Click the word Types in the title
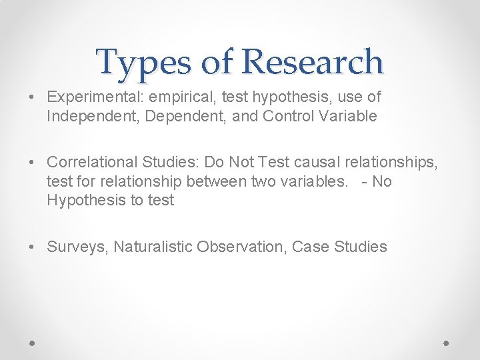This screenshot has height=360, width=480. pos(141,62)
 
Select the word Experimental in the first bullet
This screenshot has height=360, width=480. pos(95,97)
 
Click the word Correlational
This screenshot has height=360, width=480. pos(92,162)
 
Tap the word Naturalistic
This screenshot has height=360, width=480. pos(153,247)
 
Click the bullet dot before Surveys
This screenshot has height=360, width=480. pos(33,247)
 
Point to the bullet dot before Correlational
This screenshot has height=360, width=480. pos(33,162)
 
